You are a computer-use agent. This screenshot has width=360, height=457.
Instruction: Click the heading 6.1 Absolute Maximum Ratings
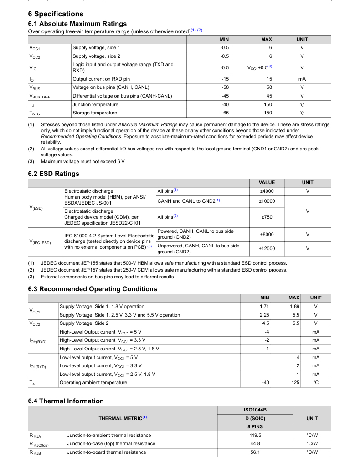(x=77, y=24)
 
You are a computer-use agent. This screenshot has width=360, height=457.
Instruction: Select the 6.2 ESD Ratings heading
(x=53, y=174)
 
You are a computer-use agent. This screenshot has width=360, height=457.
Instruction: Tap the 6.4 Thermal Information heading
(x=66, y=401)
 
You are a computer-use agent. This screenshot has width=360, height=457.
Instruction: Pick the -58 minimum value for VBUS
(x=224, y=87)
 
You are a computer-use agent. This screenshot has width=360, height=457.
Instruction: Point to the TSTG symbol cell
(x=35, y=113)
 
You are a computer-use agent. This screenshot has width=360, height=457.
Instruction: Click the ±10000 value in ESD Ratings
(x=267, y=201)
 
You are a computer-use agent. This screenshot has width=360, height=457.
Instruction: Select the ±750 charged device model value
(x=267, y=217)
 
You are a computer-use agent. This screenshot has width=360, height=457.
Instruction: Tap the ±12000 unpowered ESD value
(x=267, y=249)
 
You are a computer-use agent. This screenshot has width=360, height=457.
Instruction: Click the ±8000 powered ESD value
(x=267, y=234)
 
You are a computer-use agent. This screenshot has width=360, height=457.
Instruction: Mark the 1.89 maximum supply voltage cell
(x=294, y=307)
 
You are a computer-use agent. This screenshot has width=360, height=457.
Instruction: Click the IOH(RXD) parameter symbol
(x=38, y=340)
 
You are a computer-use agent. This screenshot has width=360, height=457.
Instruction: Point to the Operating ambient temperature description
(x=93, y=383)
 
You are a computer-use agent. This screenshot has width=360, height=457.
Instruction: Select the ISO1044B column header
(x=255, y=410)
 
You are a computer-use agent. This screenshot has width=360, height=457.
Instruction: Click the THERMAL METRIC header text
(x=123, y=418)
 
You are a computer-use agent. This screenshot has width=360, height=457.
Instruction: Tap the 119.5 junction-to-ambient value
(x=255, y=436)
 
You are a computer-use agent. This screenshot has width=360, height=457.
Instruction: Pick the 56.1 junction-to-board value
(x=255, y=452)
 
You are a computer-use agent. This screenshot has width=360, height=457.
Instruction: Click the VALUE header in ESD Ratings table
(x=267, y=183)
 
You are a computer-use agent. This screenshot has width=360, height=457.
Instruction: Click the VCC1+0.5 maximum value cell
(x=260, y=68)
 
